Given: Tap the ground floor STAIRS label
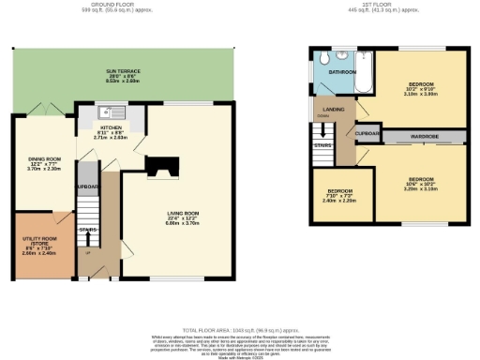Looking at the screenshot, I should click(x=89, y=229).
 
